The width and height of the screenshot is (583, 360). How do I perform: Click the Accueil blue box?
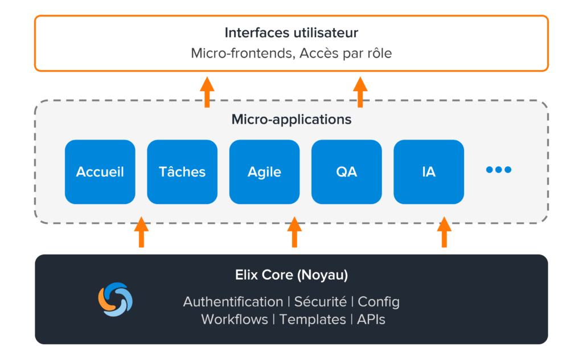pyautogui.click(x=100, y=172)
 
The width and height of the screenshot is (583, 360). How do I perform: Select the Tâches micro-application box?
pyautogui.click(x=182, y=172)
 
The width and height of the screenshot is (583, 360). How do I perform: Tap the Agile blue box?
pyautogui.click(x=264, y=172)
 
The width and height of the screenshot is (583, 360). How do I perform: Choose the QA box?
pyautogui.click(x=346, y=172)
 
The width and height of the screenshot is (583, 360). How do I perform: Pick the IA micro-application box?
pyautogui.click(x=428, y=172)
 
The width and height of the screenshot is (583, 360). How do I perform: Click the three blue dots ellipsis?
pyautogui.click(x=499, y=170)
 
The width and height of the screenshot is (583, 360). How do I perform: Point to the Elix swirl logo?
pyautogui.click(x=115, y=299)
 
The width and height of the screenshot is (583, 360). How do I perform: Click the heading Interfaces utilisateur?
pyautogui.click(x=291, y=32)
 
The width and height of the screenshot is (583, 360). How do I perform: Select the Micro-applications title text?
pyautogui.click(x=291, y=120)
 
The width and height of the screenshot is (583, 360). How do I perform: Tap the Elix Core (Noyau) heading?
pyautogui.click(x=291, y=275)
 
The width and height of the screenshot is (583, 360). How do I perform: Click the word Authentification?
pyautogui.click(x=233, y=301)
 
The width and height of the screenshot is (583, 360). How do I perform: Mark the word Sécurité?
pyautogui.click(x=320, y=301)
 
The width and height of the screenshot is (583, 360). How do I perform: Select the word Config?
pyautogui.click(x=379, y=302)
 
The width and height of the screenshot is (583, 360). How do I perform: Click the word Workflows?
pyautogui.click(x=235, y=320)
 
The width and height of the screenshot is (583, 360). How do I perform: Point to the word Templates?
pyautogui.click(x=313, y=320)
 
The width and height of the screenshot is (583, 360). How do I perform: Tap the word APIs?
pyautogui.click(x=371, y=320)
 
